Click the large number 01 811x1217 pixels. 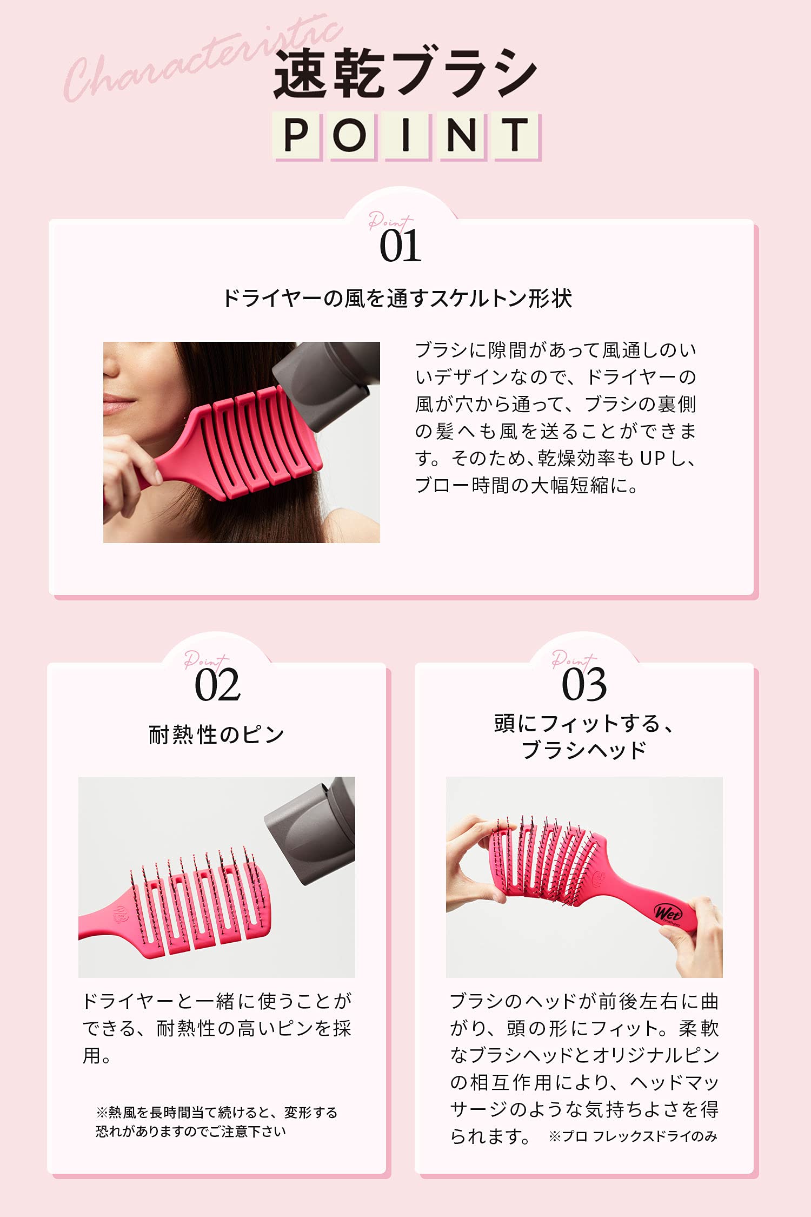(x=400, y=246)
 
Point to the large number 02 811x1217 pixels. (x=217, y=685)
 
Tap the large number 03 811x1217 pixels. (x=584, y=685)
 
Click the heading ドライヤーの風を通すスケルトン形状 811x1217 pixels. (x=397, y=298)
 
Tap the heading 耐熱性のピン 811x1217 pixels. (x=216, y=735)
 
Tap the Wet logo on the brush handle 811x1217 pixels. (x=668, y=914)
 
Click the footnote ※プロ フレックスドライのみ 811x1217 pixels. (x=633, y=1136)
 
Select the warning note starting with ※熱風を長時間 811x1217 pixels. (x=216, y=1121)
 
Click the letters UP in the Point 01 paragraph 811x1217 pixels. (x=652, y=458)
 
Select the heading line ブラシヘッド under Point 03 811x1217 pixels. (x=584, y=750)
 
